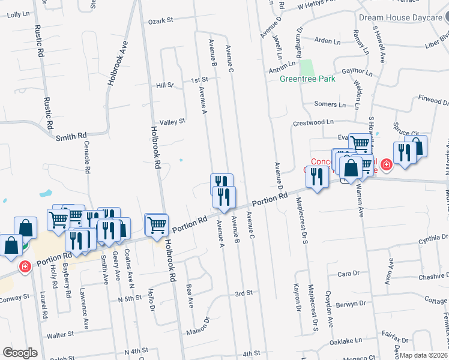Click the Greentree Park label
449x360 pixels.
[x=307, y=78]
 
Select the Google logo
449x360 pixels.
[x=20, y=353]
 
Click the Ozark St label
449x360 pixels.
[x=161, y=20]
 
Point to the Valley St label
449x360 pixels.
[x=173, y=121]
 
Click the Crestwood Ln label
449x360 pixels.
[x=313, y=122]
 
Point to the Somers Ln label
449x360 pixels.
[x=330, y=104]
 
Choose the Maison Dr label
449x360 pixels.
[x=206, y=319]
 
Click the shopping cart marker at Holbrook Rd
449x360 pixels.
[x=157, y=226]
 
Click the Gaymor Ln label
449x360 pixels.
[x=354, y=71]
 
